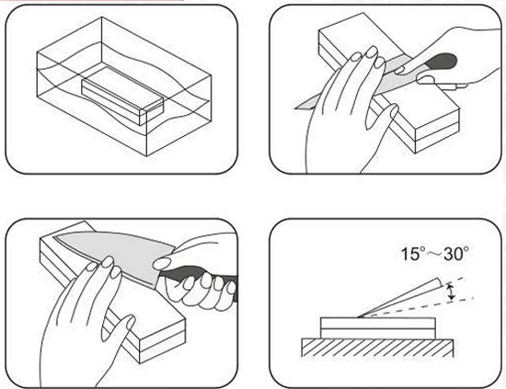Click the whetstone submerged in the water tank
[122, 96]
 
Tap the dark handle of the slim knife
[443, 61]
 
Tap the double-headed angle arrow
[452, 291]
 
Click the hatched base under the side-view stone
[377, 348]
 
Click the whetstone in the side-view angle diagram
[377, 328]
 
